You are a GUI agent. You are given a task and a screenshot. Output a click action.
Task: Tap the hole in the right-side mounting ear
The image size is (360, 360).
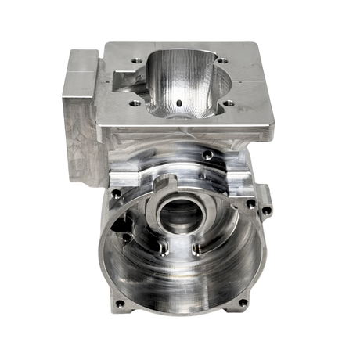[x=270, y=211]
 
